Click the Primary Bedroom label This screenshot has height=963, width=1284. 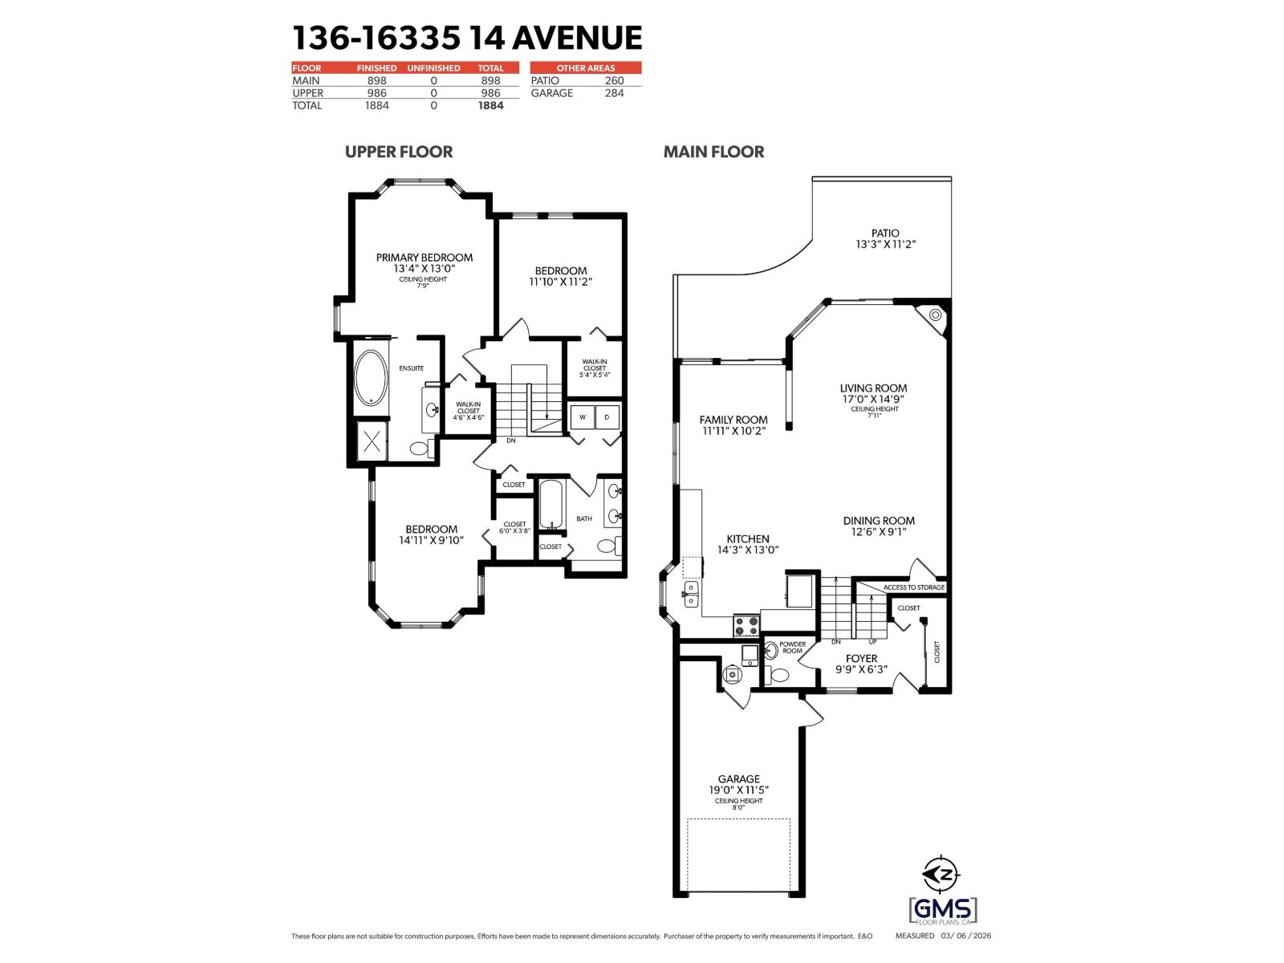tap(424, 258)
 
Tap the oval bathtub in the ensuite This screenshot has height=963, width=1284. tap(372, 377)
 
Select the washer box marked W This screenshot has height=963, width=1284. tap(582, 417)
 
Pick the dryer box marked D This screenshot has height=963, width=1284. tap(607, 417)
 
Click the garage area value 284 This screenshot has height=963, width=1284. tap(614, 93)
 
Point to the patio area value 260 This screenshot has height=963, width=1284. tap(614, 81)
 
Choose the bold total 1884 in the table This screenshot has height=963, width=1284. tap(490, 105)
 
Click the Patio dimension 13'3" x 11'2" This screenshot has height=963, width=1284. tap(885, 244)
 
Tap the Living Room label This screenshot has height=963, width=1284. tap(874, 388)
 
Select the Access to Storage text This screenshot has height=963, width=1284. tap(914, 587)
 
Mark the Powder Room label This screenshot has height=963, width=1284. tap(791, 647)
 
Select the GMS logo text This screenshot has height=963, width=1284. tap(943, 909)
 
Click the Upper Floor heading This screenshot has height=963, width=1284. tap(398, 152)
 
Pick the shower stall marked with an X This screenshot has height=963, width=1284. tap(372, 442)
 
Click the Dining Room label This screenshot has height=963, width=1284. tap(879, 520)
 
